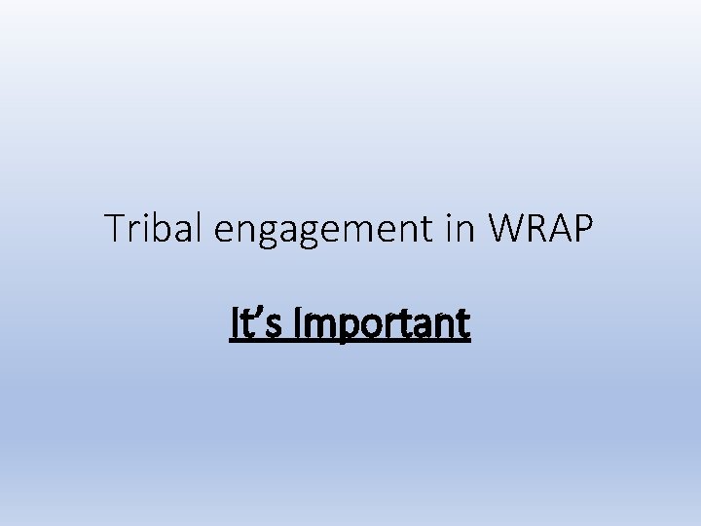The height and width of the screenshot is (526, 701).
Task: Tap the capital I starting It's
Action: pyautogui.click(x=234, y=323)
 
